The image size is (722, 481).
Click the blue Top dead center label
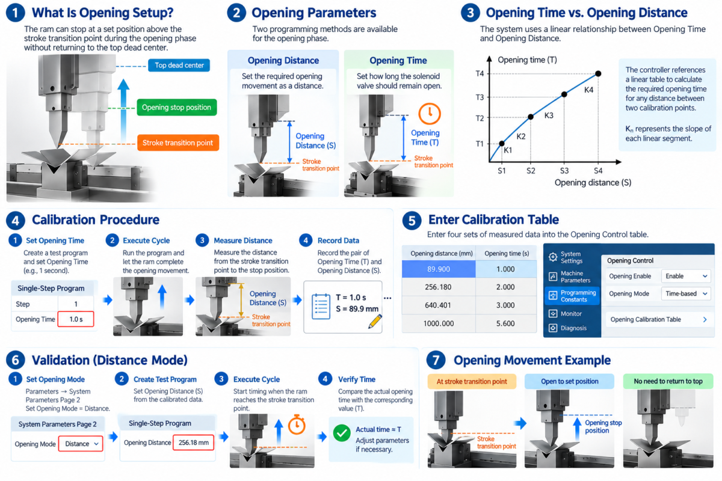(179, 66)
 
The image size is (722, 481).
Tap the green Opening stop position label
(177, 107)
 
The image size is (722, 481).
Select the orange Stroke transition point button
(178, 142)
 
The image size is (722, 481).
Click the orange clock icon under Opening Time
(430, 114)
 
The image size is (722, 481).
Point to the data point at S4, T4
(598, 74)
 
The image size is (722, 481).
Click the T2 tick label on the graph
(480, 118)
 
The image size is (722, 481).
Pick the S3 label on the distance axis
(564, 171)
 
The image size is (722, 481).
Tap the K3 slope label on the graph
(549, 115)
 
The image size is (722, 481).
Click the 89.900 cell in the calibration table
(439, 269)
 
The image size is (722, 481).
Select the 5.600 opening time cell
(505, 323)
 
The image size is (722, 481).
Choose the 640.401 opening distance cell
(438, 305)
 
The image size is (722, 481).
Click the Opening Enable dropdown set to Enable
(686, 276)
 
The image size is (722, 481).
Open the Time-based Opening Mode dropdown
(686, 293)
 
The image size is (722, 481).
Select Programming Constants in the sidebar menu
(572, 296)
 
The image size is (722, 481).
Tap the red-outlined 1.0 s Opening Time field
(76, 319)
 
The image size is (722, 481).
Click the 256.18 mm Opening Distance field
(193, 443)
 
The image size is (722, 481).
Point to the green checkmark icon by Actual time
(342, 434)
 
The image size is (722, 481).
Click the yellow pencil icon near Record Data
(375, 321)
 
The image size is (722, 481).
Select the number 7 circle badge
(436, 360)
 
